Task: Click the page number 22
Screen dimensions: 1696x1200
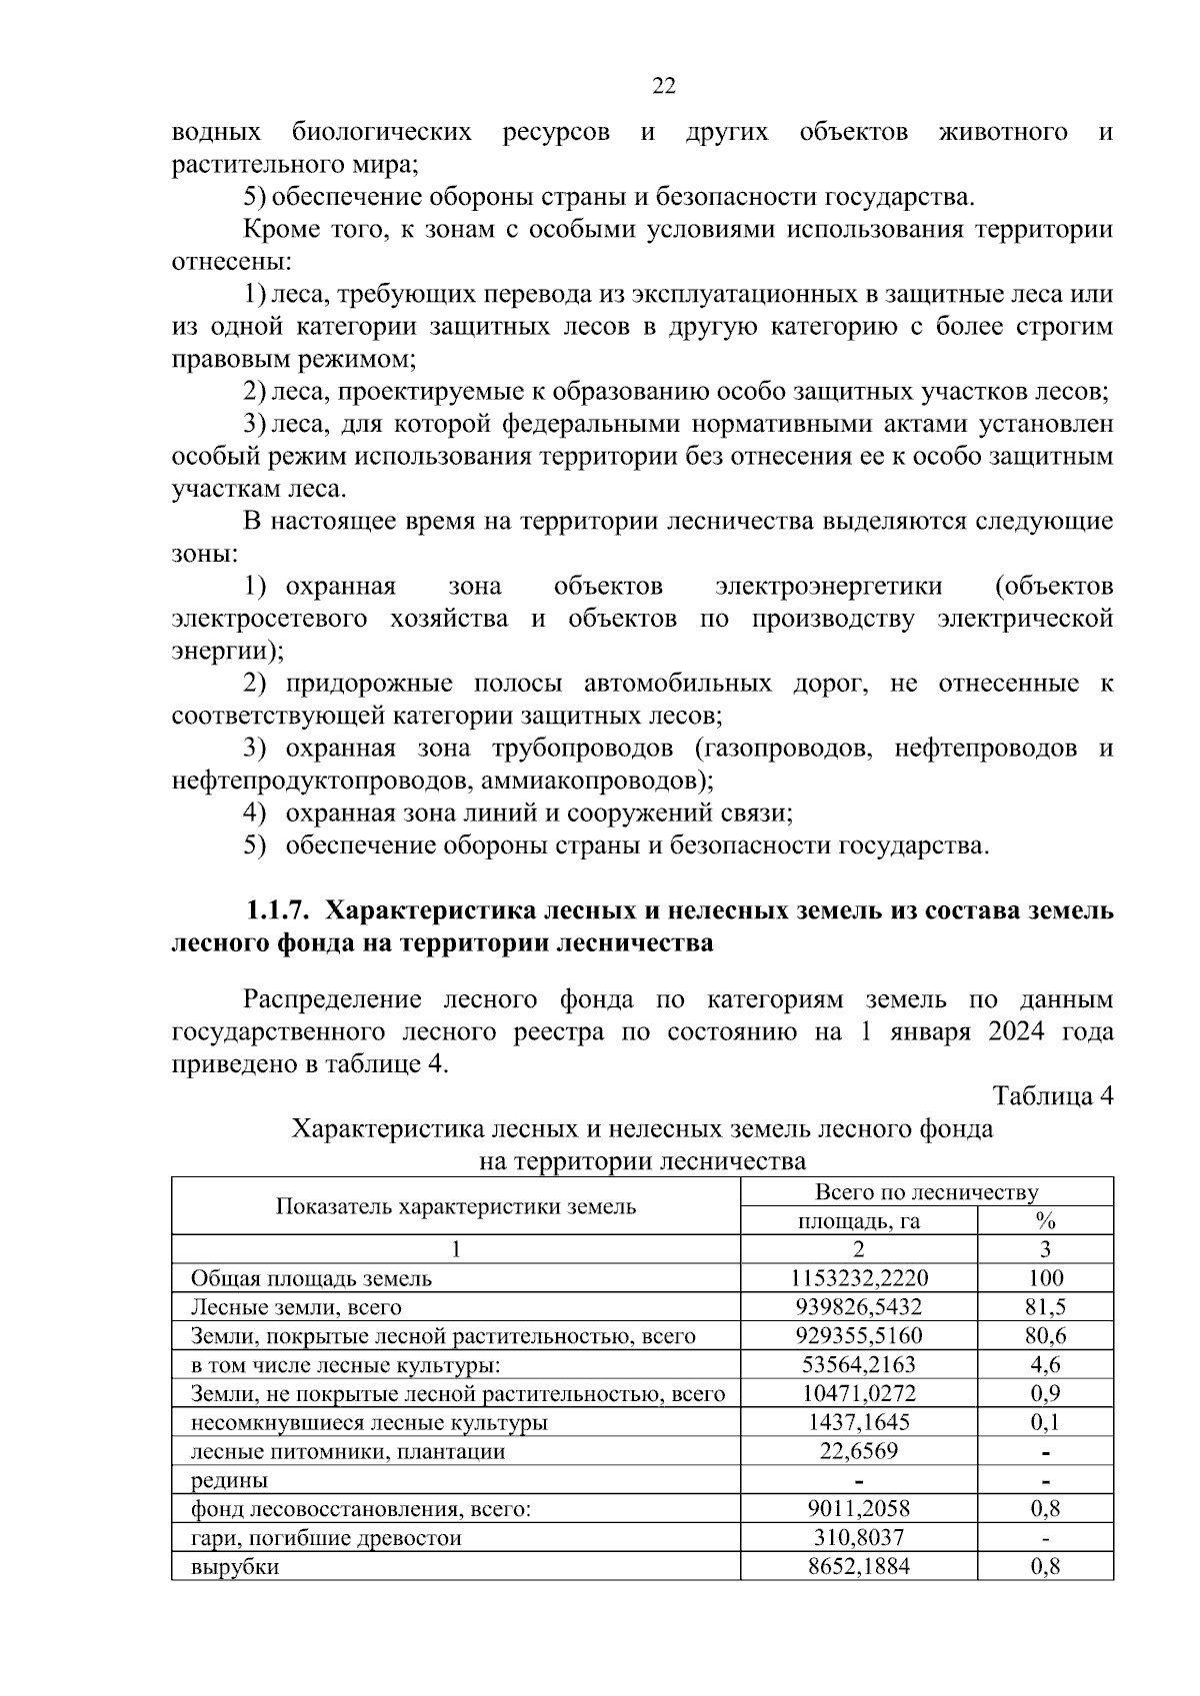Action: tap(664, 86)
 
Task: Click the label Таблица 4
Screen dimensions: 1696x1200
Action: tap(1052, 1096)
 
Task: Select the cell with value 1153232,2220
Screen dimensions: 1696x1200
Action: tap(859, 1277)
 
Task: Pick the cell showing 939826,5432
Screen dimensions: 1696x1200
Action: tap(859, 1306)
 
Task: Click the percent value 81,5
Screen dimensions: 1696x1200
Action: tap(1046, 1306)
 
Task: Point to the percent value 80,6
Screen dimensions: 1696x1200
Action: tap(1046, 1335)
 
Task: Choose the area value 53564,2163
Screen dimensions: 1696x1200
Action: tap(859, 1364)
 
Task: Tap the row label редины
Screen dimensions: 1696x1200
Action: tap(229, 1480)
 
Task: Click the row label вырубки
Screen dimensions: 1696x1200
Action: tap(235, 1567)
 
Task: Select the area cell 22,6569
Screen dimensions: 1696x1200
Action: tap(859, 1450)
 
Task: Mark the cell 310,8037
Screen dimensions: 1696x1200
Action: tap(859, 1537)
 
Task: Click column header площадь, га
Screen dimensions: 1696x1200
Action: tap(859, 1220)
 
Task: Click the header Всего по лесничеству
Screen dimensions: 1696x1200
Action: tap(927, 1191)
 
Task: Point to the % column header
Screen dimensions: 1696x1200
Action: tap(1046, 1220)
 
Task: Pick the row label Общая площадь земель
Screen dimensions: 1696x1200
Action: tap(311, 1277)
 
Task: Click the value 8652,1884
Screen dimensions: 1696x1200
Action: tap(859, 1567)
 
